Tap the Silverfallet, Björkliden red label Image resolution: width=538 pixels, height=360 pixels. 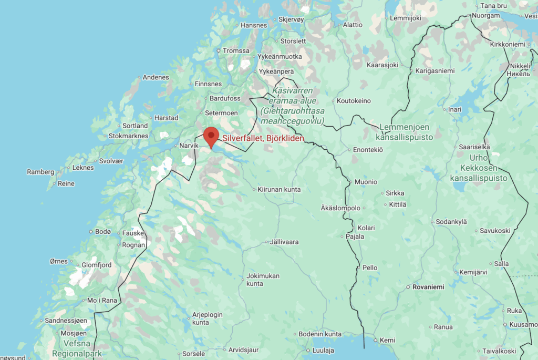[263, 139]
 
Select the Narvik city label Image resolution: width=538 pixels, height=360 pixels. [189, 146]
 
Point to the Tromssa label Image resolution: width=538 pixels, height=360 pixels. [236, 50]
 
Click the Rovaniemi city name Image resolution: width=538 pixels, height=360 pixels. [429, 287]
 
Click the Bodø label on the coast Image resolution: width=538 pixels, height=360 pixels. [103, 232]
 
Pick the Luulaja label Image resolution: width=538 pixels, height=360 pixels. [323, 351]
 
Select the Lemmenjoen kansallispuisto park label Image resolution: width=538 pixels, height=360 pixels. [405, 132]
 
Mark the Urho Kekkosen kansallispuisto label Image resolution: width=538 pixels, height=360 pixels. [479, 168]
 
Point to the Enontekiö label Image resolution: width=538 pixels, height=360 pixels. [367, 150]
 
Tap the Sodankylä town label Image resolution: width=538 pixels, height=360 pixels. [452, 222]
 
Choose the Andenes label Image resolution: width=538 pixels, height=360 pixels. [156, 77]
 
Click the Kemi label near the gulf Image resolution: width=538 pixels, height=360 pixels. [387, 340]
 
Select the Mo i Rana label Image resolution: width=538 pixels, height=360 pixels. [102, 300]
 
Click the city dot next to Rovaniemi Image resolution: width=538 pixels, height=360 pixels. [408, 287]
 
